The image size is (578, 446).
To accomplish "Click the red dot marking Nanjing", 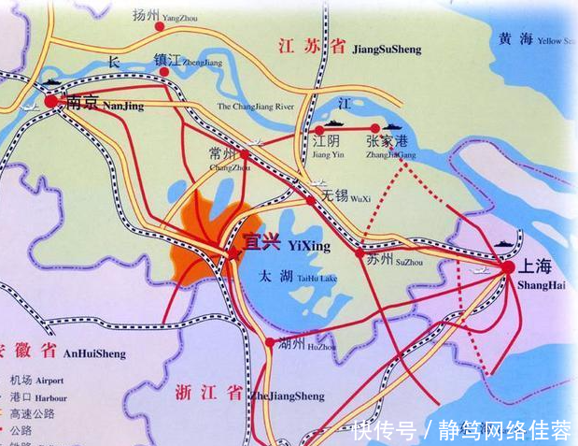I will click(49, 100).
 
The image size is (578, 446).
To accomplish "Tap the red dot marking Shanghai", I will click(507, 267).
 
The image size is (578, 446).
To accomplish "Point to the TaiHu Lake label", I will click(299, 277).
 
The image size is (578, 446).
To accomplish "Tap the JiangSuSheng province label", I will click(348, 48).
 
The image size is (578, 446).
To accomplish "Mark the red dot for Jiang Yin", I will click(318, 128).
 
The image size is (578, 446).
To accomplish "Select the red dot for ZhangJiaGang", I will click(375, 128).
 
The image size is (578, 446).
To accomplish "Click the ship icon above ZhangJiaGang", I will click(391, 123).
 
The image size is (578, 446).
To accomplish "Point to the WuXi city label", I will click(346, 197).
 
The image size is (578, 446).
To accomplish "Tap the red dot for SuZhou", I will click(360, 252).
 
